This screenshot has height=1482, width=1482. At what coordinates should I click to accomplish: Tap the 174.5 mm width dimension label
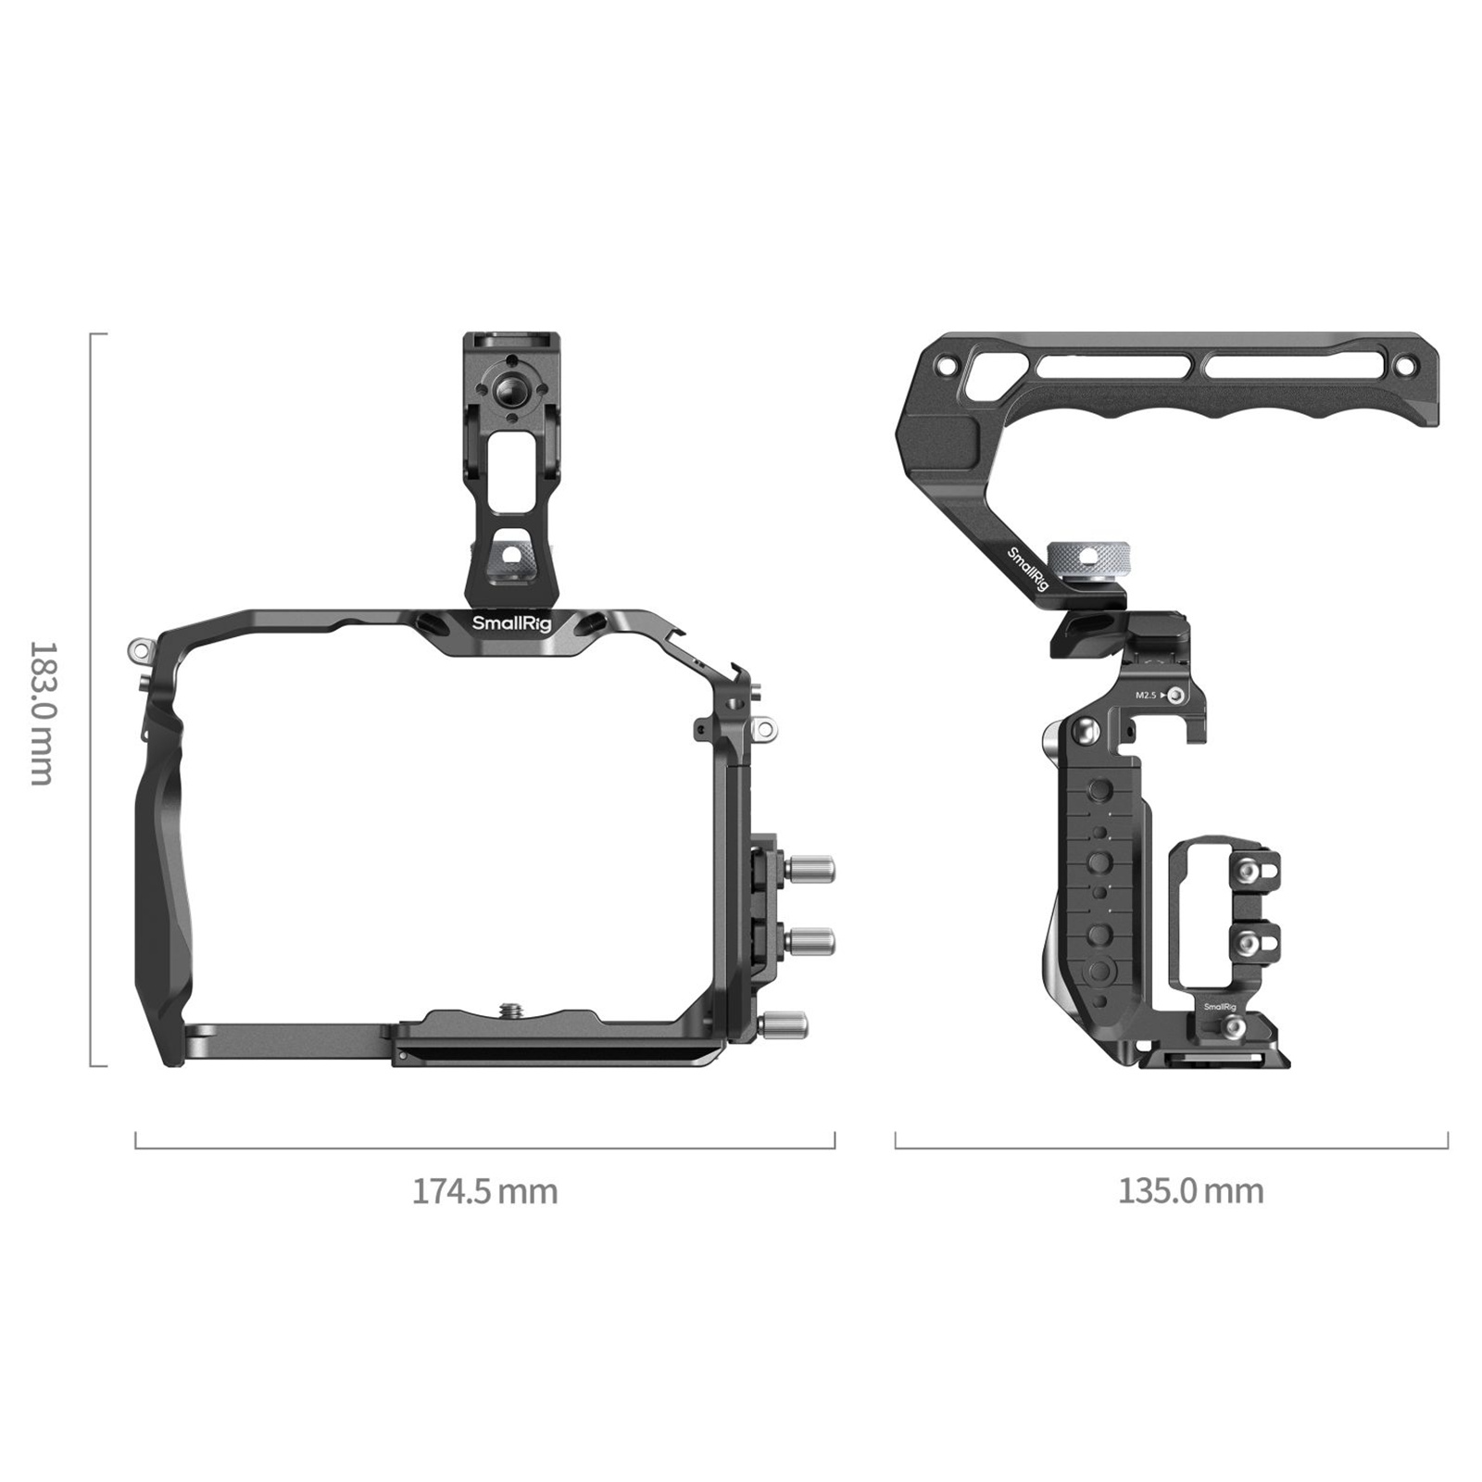[x=485, y=1190]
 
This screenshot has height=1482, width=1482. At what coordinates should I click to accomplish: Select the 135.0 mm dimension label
[x=1190, y=1190]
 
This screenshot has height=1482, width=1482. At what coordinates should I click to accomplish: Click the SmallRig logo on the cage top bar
[x=511, y=623]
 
